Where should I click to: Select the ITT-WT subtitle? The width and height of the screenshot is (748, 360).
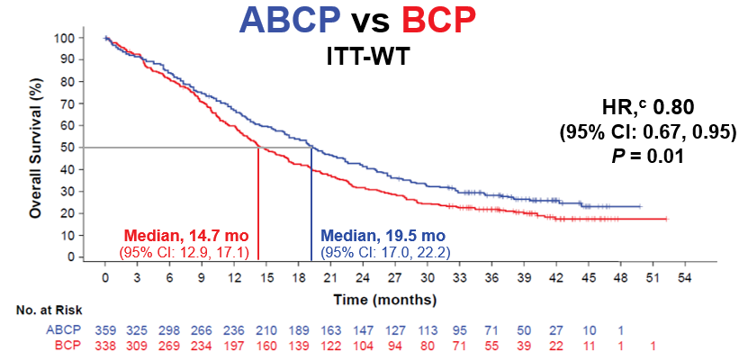tap(371, 58)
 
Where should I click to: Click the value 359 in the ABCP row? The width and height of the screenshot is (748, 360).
tap(105, 328)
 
